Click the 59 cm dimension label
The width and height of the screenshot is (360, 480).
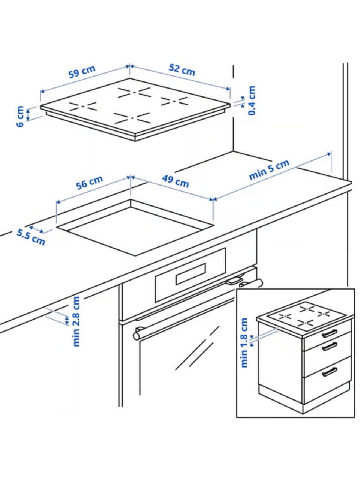pos(82,72)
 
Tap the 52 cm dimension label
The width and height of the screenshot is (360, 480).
pos(182,69)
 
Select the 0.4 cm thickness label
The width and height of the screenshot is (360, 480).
pos(252,100)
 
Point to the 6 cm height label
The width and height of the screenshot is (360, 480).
pos(20,116)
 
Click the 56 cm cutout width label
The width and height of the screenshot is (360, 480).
pos(89,182)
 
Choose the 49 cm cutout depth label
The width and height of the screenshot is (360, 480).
pos(175,181)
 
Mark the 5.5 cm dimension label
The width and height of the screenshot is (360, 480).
pos(31,237)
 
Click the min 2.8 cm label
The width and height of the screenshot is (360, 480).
pos(76,321)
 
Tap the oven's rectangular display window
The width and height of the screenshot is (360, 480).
pos(190,274)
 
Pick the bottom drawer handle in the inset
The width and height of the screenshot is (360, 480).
pos(330,372)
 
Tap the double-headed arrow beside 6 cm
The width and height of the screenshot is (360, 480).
pos(28,115)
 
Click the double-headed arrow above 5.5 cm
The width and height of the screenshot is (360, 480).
pos(36,229)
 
